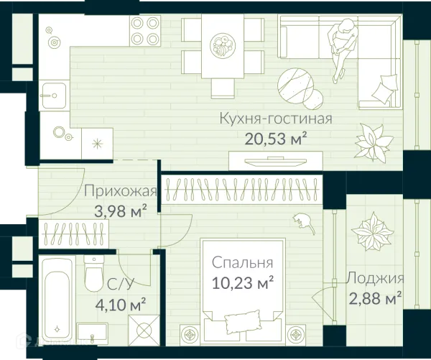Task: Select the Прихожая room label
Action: [x=120, y=191]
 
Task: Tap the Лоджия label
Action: [x=374, y=279]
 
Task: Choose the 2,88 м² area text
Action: [x=374, y=297]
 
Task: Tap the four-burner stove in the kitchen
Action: [x=145, y=31]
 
